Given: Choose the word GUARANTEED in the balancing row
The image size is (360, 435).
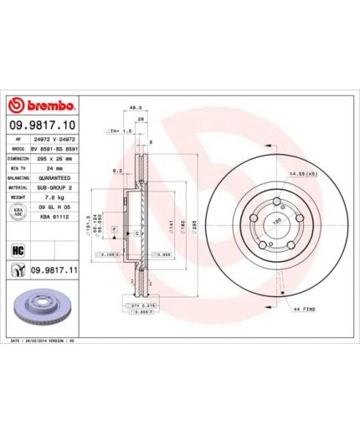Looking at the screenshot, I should (54, 178).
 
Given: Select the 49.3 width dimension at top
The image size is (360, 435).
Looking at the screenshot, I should (135, 108).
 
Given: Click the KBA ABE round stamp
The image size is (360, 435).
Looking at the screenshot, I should (15, 214).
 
